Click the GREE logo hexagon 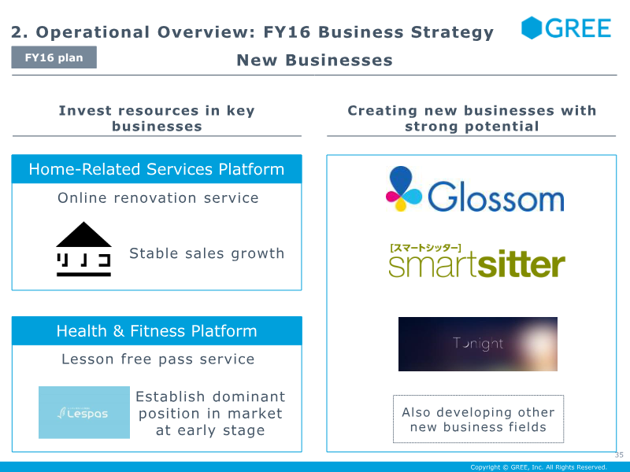pyautogui.click(x=531, y=28)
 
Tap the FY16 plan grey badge pyautogui.click(x=54, y=57)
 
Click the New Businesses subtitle pyautogui.click(x=314, y=61)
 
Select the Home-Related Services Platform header pyautogui.click(x=157, y=169)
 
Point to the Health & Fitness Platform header pyautogui.click(x=157, y=330)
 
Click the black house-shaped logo pyautogui.click(x=83, y=249)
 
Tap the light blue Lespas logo pyautogui.click(x=84, y=412)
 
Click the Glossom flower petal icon pyautogui.click(x=403, y=188)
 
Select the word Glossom pyautogui.click(x=496, y=197)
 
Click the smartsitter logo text pyautogui.click(x=477, y=264)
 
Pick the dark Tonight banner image pyautogui.click(x=478, y=344)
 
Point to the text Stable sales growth pyautogui.click(x=207, y=253)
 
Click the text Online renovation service pyautogui.click(x=158, y=198)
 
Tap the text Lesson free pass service pyautogui.click(x=158, y=360)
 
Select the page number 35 pyautogui.click(x=619, y=455)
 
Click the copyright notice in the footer pyautogui.click(x=539, y=467)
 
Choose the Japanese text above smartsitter pyautogui.click(x=425, y=248)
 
